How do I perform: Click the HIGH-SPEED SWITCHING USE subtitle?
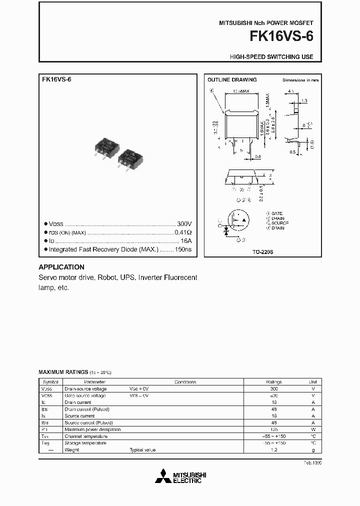271,57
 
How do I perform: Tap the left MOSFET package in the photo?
105,147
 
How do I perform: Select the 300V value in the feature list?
184,224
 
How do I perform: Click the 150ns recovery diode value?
183,249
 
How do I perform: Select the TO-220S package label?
262,253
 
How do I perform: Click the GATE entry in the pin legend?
278,213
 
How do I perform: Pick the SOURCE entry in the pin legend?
280,223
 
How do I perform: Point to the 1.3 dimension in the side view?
304,101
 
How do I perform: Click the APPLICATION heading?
61,267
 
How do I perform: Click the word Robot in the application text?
106,277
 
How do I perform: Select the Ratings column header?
273,382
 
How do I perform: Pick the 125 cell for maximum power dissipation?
273,429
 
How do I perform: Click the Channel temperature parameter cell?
85,436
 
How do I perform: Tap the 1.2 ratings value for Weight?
273,450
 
